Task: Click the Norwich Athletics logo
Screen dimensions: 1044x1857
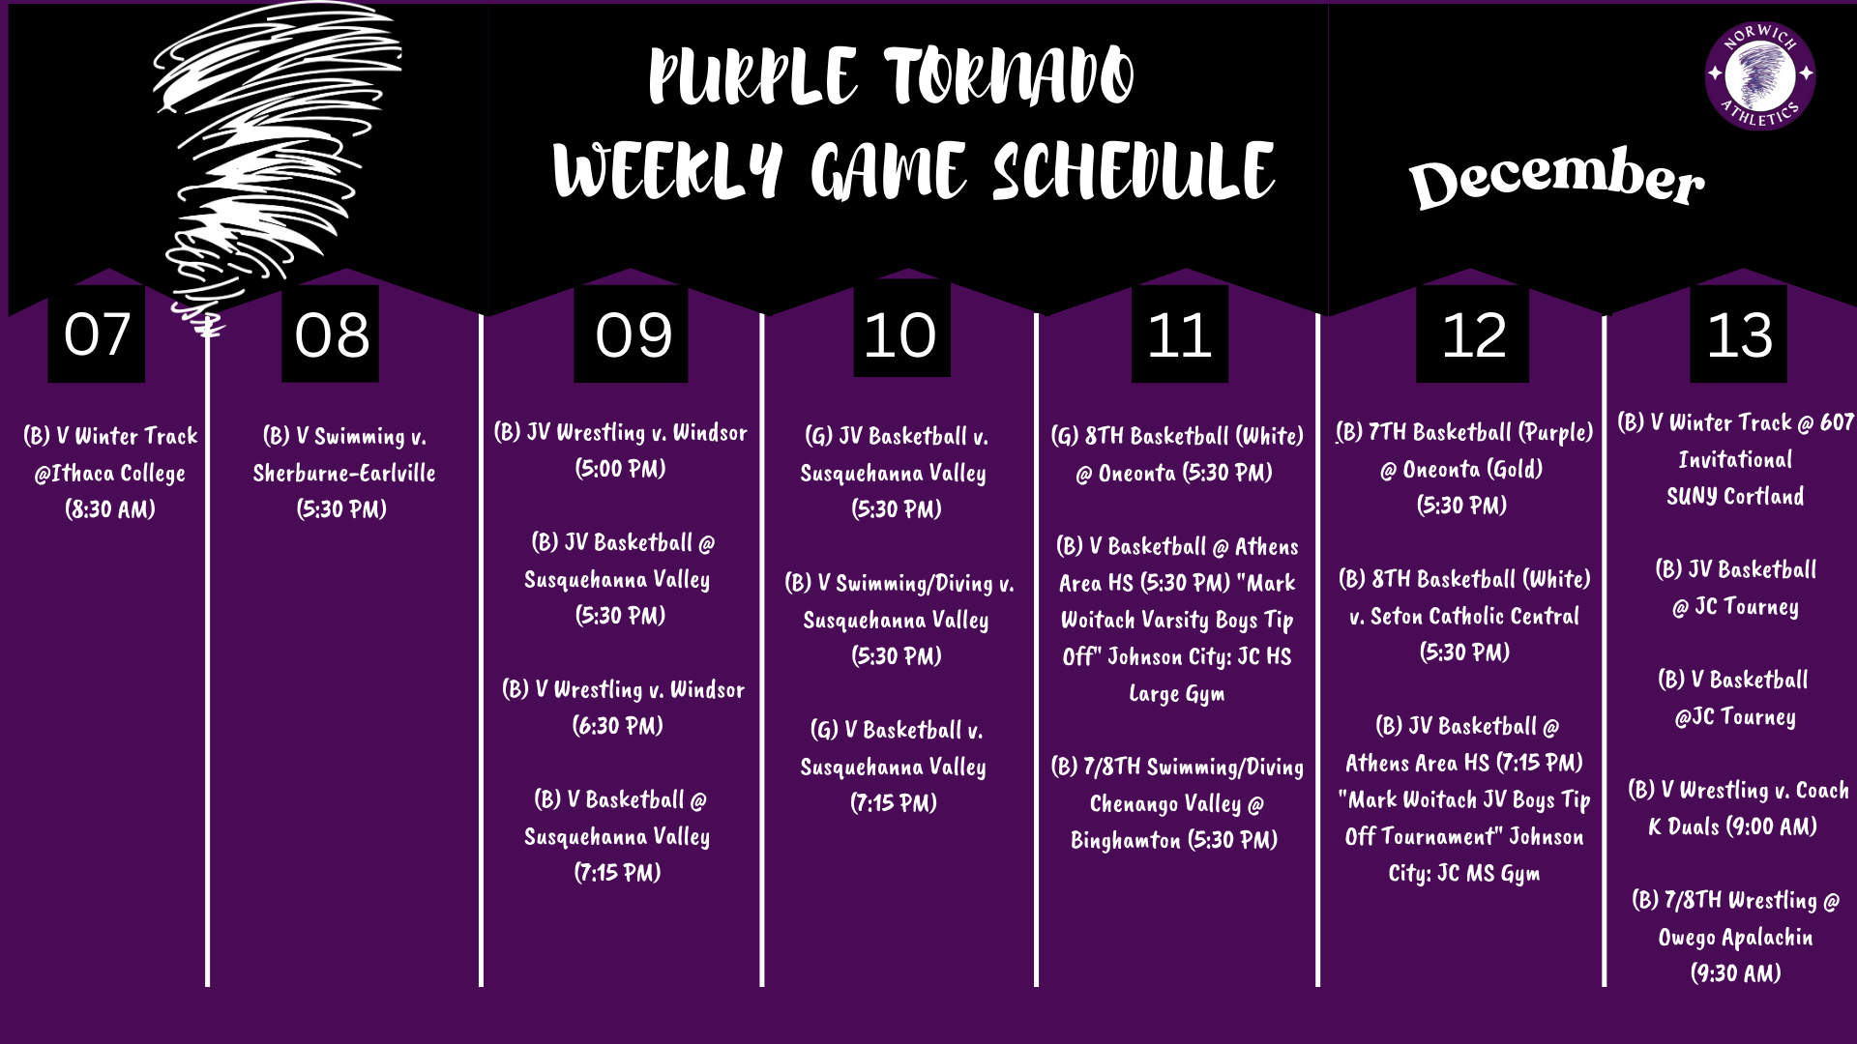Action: coord(1759,75)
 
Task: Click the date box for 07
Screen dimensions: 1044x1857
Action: coord(97,334)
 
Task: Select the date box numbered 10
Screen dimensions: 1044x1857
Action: coord(900,334)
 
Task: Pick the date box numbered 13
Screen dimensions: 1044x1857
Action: coord(1738,334)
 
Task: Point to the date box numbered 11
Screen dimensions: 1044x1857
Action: coord(1179,334)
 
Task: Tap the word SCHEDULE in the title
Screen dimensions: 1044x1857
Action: coord(1134,172)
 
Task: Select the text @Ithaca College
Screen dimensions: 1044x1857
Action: coord(110,473)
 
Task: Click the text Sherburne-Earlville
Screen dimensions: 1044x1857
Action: coord(343,473)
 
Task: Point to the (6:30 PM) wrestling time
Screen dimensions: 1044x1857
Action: coord(618,726)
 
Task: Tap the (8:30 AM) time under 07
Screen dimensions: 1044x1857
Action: coord(110,509)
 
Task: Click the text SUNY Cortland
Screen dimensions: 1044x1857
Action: coord(1735,497)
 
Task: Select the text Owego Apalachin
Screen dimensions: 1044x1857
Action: coord(1735,937)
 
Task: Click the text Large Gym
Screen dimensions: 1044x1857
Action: coord(1177,693)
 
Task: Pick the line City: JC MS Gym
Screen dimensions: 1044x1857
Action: coord(1464,874)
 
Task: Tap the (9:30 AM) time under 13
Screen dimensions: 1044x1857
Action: coord(1735,973)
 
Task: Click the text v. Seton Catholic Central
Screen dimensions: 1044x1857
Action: coord(1464,616)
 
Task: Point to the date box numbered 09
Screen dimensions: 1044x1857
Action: coord(633,334)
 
